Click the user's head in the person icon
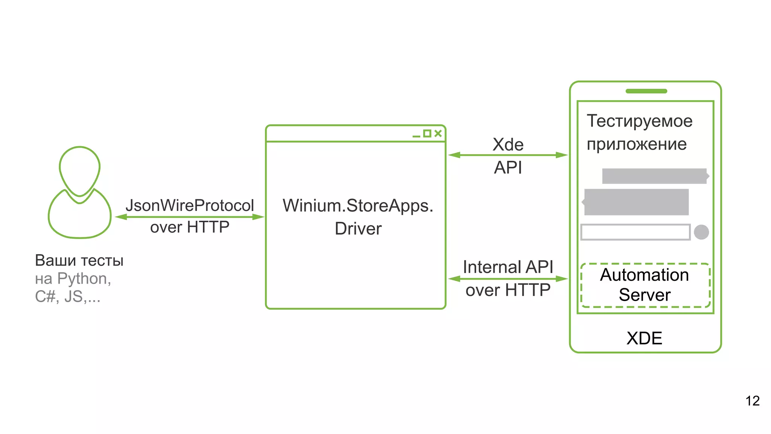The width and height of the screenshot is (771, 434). (x=79, y=170)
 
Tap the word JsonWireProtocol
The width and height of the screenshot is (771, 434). (x=190, y=205)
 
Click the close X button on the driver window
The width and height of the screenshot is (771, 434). (x=438, y=133)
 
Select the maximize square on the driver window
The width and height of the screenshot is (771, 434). (x=427, y=133)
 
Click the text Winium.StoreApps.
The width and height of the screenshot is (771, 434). (x=358, y=206)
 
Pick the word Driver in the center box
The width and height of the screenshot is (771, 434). (x=358, y=229)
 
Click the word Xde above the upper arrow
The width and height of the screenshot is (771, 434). (x=508, y=145)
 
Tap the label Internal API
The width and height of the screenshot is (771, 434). (x=508, y=267)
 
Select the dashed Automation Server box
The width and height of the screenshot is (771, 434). (x=645, y=285)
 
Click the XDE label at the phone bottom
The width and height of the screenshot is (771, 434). (x=644, y=338)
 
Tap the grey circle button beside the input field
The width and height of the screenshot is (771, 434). (x=701, y=232)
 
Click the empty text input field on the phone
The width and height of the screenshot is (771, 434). (x=635, y=232)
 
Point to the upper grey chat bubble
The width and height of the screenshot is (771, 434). (x=654, y=176)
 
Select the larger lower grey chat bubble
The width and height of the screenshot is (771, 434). (x=636, y=202)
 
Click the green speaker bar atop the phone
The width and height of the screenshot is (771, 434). (x=646, y=91)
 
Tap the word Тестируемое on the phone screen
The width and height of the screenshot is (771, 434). (x=639, y=121)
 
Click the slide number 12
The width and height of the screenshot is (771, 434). (x=752, y=401)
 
